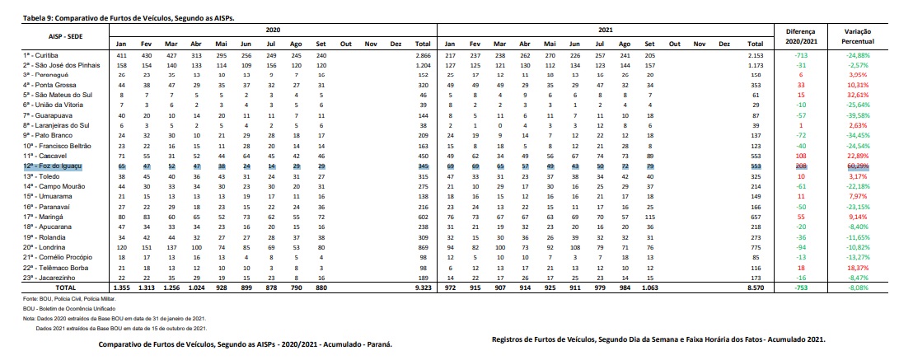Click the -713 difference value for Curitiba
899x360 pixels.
point(800,54)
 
